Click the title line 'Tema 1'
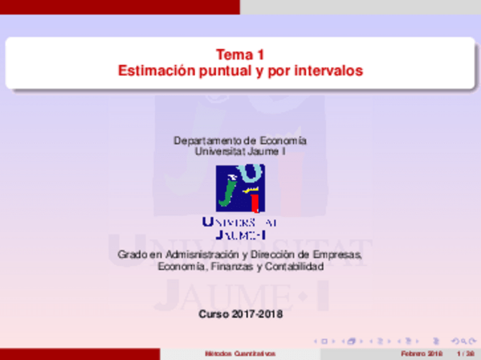pos(240,55)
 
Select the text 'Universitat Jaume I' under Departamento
pos(240,151)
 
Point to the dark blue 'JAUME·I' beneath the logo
pos(240,234)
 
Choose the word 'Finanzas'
pos(232,266)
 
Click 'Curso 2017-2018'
pos(240,314)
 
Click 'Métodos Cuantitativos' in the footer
pos(241,354)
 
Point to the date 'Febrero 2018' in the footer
pos(421,354)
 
